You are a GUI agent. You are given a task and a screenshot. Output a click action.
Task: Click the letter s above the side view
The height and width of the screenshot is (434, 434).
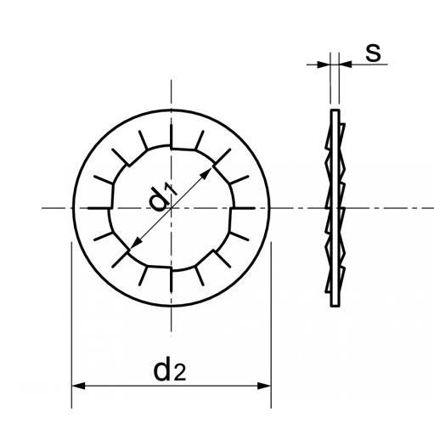point(371,53)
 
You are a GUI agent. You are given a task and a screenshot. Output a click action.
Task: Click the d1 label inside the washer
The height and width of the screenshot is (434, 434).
point(162,198)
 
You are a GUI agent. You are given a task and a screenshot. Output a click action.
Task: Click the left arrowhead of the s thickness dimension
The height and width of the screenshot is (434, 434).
point(324,63)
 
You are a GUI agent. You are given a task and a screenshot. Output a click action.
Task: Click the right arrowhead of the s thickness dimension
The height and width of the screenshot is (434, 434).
point(343,63)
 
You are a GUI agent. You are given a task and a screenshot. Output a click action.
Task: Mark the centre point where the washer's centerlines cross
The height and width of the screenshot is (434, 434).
point(171,207)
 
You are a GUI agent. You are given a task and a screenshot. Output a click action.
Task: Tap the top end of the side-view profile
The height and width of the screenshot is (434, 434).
point(333,110)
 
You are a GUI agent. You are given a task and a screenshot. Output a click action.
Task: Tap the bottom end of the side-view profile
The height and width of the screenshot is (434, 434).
point(333,305)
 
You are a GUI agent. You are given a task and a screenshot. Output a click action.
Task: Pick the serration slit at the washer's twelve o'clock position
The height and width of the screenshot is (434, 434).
point(171,136)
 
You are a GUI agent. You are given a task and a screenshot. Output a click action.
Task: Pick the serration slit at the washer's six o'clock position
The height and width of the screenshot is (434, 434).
point(171,279)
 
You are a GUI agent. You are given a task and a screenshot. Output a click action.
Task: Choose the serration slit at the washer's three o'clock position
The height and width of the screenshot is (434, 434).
point(242,207)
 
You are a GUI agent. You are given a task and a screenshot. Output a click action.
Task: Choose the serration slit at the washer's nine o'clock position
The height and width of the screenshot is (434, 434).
point(99,207)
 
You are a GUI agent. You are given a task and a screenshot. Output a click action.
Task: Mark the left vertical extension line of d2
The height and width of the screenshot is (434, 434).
point(71,323)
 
